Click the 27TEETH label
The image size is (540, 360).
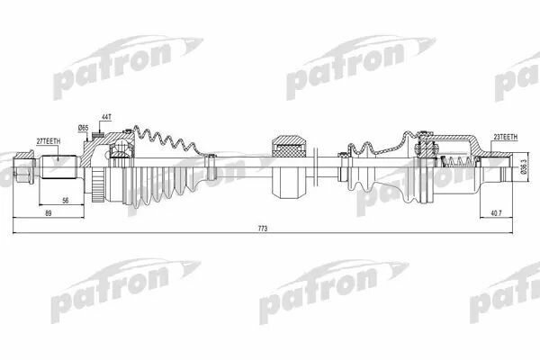click(49, 141)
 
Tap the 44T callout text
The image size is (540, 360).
click(106, 118)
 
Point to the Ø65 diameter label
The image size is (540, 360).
click(84, 129)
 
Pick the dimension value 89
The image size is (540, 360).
click(49, 212)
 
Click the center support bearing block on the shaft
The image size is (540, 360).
click(290, 167)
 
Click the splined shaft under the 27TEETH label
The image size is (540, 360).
click(58, 168)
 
